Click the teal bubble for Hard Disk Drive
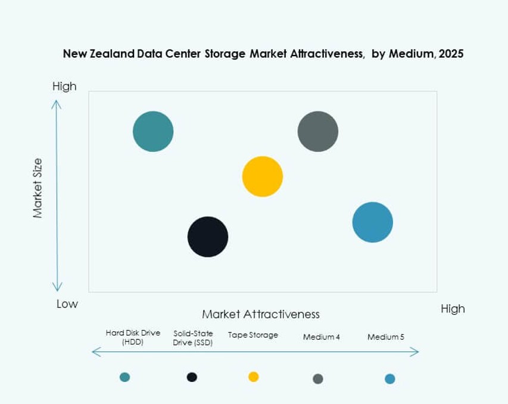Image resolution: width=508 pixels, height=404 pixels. [153, 131]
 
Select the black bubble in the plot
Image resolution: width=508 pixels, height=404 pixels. [208, 237]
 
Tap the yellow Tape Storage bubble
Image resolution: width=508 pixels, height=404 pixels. [262, 176]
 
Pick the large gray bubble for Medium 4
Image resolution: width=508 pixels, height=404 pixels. [318, 131]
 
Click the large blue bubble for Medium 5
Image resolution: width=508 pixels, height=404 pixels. [373, 222]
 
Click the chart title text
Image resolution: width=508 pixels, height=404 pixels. [263, 54]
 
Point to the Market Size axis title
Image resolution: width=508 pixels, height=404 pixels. [38, 188]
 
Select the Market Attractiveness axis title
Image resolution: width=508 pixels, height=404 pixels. [261, 314]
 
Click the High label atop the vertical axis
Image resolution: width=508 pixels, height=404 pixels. [64, 86]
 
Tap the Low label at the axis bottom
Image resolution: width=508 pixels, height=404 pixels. [67, 304]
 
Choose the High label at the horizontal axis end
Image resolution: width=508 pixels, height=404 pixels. [453, 309]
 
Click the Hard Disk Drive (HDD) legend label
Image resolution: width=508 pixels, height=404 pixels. [133, 337]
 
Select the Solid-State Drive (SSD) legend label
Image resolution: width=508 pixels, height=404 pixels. [193, 337]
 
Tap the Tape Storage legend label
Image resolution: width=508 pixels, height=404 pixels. [253, 335]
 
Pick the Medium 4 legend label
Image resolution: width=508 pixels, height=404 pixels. [322, 337]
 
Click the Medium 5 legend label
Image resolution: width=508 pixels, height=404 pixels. [386, 337]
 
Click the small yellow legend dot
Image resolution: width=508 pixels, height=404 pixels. [254, 377]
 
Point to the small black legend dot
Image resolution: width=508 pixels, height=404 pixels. [192, 377]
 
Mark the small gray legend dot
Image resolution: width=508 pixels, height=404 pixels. [318, 378]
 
